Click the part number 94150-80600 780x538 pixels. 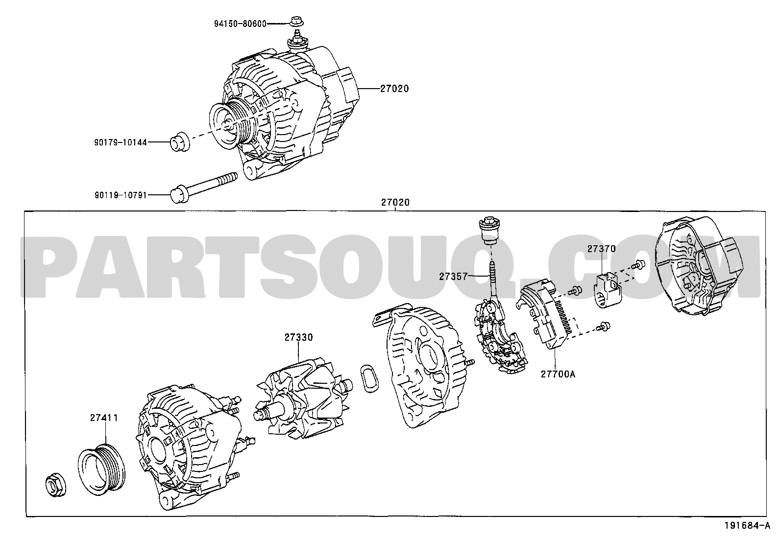[240, 23]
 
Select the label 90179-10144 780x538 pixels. [120, 143]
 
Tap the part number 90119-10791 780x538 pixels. [120, 195]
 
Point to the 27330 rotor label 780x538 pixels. [298, 337]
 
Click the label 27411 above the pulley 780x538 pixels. [103, 418]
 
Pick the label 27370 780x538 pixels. [601, 249]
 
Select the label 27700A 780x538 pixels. [558, 374]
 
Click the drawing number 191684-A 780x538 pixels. [751, 527]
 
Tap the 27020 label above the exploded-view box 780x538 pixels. [395, 202]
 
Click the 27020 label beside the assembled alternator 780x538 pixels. [394, 89]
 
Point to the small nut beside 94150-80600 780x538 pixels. [295, 22]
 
